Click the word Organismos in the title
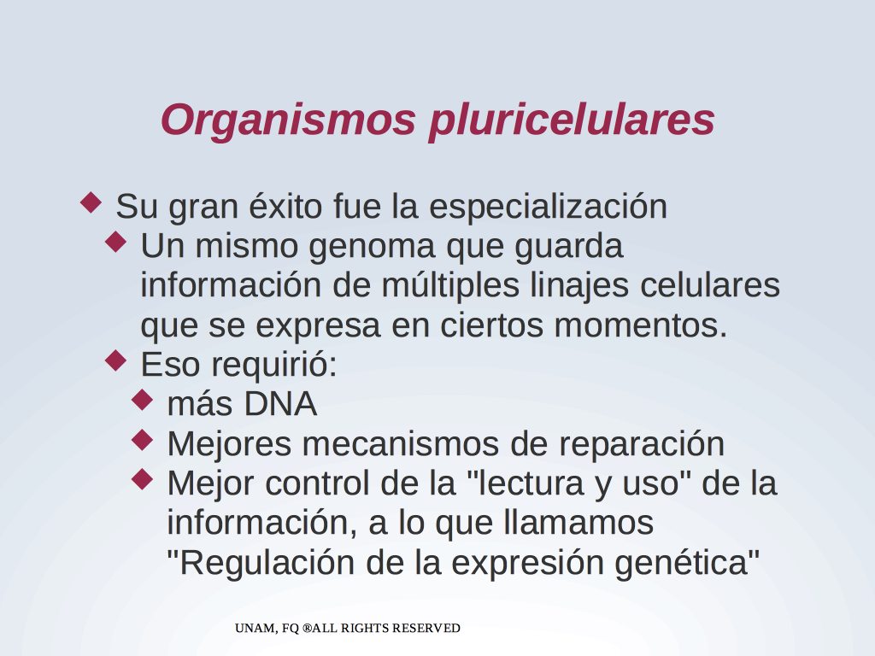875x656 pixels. point(288,121)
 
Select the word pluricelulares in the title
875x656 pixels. point(572,121)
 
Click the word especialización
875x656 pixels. point(548,208)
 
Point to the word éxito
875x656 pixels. point(285,207)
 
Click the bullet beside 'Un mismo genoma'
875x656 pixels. point(116,242)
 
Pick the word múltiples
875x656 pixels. point(451,286)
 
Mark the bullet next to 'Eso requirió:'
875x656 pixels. point(116,360)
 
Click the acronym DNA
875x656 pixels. point(280,404)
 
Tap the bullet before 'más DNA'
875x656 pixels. point(143,400)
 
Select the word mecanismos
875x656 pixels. point(401,444)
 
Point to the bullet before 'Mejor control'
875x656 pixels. point(143,479)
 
